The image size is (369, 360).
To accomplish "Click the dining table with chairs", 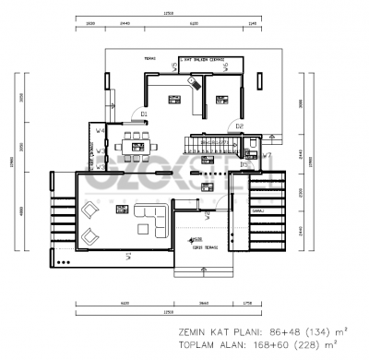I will tap(140, 145).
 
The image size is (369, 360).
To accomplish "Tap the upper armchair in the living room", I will tap(90, 210).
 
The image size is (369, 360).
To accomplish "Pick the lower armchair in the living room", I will tap(90, 238).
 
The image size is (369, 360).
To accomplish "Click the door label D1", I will tap(143, 114).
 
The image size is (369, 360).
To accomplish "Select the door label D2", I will tap(238, 126).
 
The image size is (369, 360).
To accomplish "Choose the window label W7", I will tap(266, 156).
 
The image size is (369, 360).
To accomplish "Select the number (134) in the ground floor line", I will tap(311, 329).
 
